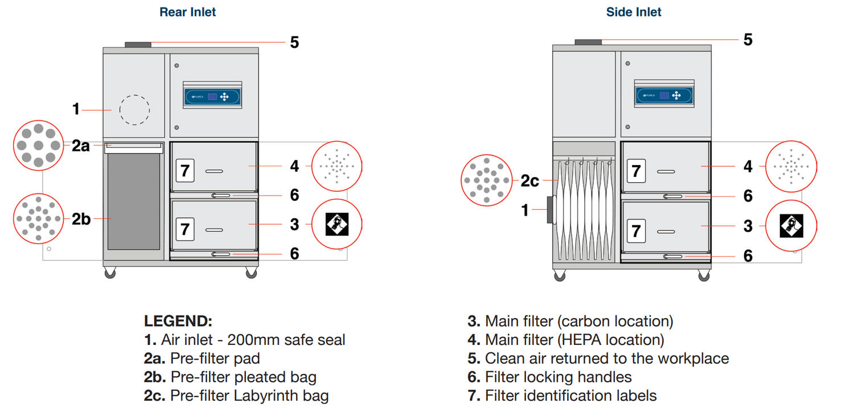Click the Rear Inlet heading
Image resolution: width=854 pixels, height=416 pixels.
click(188, 12)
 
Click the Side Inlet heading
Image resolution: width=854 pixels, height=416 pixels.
click(634, 12)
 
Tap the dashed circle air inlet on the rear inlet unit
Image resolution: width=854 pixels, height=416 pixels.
click(135, 109)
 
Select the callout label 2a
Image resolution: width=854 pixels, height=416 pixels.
click(81, 146)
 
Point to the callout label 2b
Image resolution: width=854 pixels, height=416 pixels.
click(81, 219)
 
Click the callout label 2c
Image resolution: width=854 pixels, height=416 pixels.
click(529, 181)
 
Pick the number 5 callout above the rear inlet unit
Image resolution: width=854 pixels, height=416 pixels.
click(294, 43)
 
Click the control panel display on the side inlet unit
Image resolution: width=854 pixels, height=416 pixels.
click(664, 95)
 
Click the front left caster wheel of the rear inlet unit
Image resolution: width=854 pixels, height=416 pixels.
click(110, 274)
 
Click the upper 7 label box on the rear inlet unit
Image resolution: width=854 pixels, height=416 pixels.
click(185, 170)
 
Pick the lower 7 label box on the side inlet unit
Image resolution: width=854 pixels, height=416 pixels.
click(637, 230)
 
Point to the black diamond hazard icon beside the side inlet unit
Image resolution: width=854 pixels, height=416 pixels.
click(791, 225)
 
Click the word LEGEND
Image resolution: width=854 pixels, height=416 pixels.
click(178, 321)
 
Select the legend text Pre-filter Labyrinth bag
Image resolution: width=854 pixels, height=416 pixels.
click(249, 396)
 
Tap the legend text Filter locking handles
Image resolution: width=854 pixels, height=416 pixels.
click(558, 377)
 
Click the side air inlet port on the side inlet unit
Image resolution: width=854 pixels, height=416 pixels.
click(550, 210)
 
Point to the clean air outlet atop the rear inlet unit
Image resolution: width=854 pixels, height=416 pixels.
click(138, 44)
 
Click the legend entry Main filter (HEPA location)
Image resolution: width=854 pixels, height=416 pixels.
click(574, 340)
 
